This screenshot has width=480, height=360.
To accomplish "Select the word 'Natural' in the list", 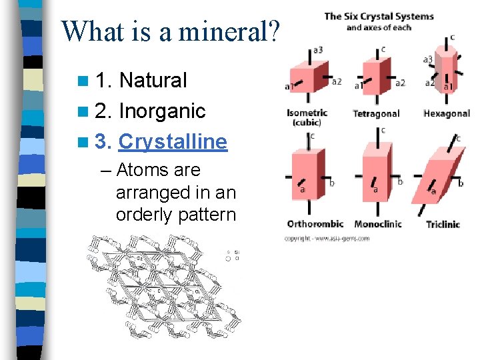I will (x=153, y=81).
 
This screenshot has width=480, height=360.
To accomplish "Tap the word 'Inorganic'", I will (x=161, y=111).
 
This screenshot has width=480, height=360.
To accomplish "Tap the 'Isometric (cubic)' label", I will (x=308, y=117).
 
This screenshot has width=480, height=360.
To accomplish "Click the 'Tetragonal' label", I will (x=376, y=114).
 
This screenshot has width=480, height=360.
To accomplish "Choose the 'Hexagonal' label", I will (x=446, y=114).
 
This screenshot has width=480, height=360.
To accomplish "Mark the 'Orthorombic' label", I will (x=315, y=224).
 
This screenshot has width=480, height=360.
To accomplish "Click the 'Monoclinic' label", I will (x=378, y=224).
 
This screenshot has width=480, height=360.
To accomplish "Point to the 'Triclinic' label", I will (x=443, y=225).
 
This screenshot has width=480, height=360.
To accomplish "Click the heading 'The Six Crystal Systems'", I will (x=379, y=17).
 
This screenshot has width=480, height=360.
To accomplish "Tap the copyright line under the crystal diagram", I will (x=327, y=238).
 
